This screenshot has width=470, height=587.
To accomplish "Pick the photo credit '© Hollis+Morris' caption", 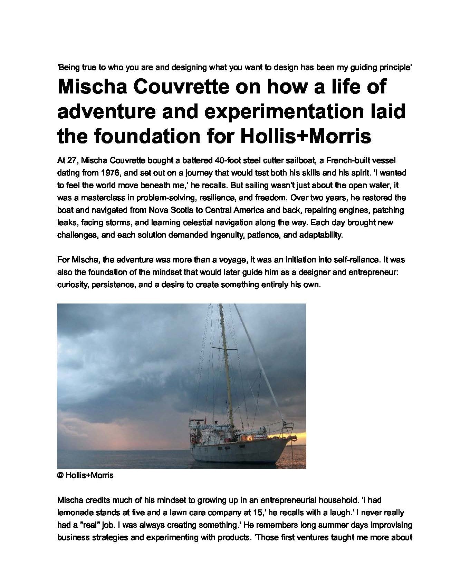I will [x=85, y=475].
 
